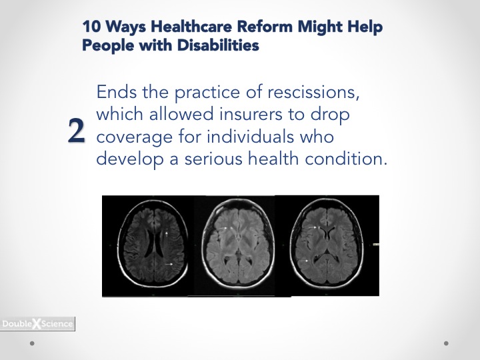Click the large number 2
tap(76, 131)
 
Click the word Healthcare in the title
tap(191, 26)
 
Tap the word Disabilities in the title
tap(218, 45)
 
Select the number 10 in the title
tap(91, 26)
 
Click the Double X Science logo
tap(37, 323)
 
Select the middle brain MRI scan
tap(237, 243)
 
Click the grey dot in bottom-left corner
tap(32, 343)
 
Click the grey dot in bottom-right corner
tap(446, 343)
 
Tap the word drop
tap(330, 115)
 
